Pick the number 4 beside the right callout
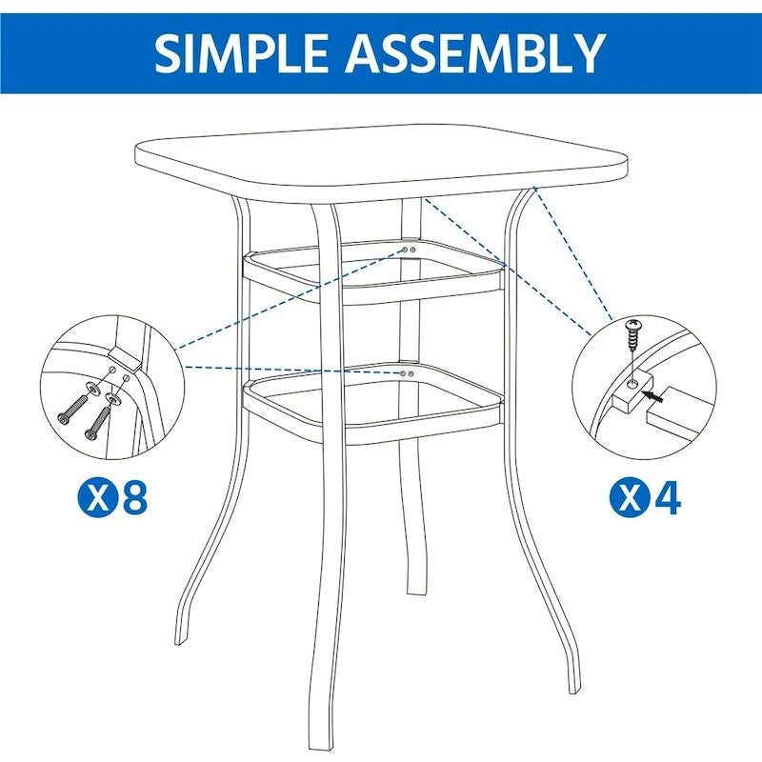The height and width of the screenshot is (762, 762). [668, 498]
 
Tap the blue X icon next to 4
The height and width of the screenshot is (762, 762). [628, 498]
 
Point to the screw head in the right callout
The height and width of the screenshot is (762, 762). [631, 330]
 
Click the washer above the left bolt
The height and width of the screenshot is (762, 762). [92, 386]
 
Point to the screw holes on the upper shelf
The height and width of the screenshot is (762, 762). [407, 250]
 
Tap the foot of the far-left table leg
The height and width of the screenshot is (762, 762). [181, 638]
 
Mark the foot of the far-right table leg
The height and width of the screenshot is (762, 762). [571, 686]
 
